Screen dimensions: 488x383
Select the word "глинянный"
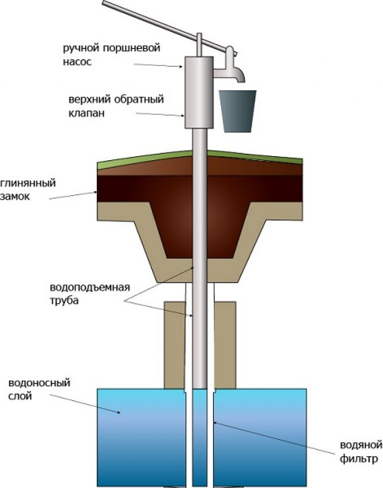click(28, 183)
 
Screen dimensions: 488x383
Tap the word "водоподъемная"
click(90, 288)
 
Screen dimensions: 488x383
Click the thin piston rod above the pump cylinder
click(199, 45)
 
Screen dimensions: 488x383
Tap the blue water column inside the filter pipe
click(199, 434)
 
